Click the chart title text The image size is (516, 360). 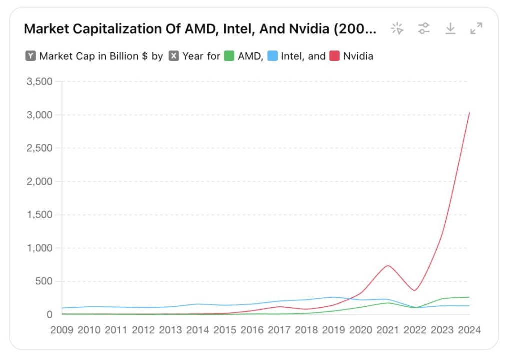pos(200,29)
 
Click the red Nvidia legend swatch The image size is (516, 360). pos(334,56)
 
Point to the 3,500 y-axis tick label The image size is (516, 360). pos(39,82)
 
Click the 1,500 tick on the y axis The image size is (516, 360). pos(39,215)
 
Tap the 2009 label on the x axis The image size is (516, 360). pos(62,330)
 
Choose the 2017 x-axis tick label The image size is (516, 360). pos(279,330)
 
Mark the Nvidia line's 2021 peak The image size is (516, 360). pos(388,265)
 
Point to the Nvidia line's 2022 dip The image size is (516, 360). pos(415,290)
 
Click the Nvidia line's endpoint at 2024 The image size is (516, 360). pos(469,113)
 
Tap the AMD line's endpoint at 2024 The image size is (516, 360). pos(469,297)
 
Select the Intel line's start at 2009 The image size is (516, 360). pos(62,308)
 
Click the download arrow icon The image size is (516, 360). pos(450,29)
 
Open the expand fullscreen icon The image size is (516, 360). pos(476,29)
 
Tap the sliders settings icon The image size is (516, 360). pos(424,29)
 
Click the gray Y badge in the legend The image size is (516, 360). pos(30,56)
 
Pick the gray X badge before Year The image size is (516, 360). pos(174,56)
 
